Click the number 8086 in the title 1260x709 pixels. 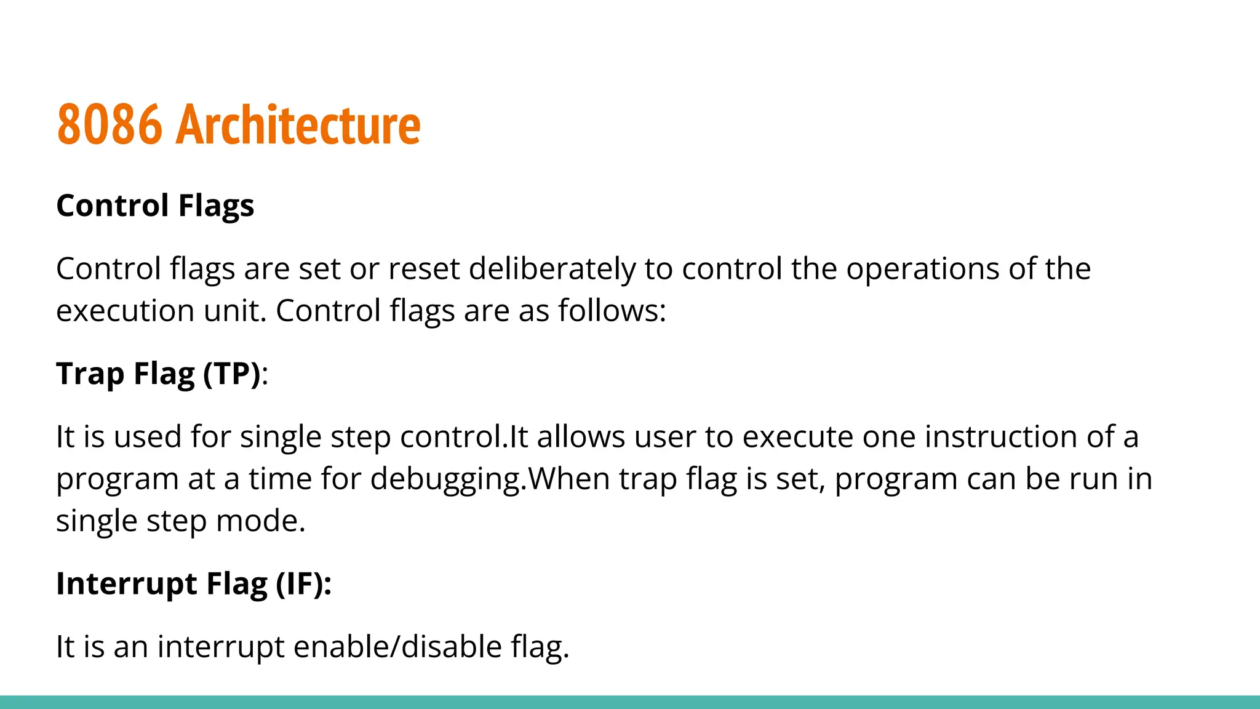click(x=110, y=125)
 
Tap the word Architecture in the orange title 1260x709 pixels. click(x=298, y=125)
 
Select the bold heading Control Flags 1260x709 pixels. click(x=155, y=206)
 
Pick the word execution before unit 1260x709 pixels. click(x=125, y=311)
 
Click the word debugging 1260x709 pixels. click(x=445, y=479)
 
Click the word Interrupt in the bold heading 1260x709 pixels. click(x=126, y=584)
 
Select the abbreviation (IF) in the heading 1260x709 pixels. click(x=299, y=584)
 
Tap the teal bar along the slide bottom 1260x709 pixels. click(x=630, y=702)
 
